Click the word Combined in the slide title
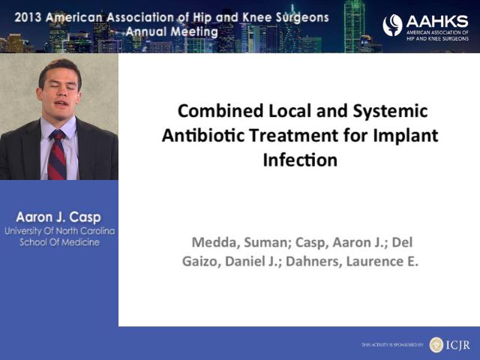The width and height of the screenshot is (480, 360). tap(220, 111)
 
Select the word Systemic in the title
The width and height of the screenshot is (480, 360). tap(390, 112)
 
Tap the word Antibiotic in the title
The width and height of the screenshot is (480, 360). tap(203, 136)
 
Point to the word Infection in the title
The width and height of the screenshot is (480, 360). tap(300, 160)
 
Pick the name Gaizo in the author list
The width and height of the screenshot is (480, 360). tap(202, 262)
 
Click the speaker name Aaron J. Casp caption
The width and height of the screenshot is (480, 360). tap(58, 217)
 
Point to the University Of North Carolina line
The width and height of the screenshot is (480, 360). tap(60, 231)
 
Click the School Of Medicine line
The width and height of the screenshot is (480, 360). tap(60, 242)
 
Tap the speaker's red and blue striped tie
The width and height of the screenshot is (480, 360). tap(57, 154)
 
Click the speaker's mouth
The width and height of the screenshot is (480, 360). tap(61, 103)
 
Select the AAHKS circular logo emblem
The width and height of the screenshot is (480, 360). tap(392, 25)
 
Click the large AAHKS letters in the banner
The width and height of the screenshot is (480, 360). tap(437, 22)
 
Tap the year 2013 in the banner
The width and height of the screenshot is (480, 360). tap(28, 17)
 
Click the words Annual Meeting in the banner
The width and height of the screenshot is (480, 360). tap(172, 31)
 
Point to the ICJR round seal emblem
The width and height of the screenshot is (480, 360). tap(436, 345)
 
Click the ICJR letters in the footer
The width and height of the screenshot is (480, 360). tap(457, 345)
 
